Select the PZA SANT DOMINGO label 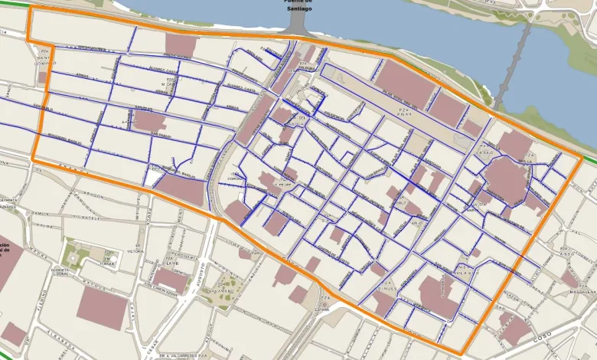[x=43, y=58]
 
